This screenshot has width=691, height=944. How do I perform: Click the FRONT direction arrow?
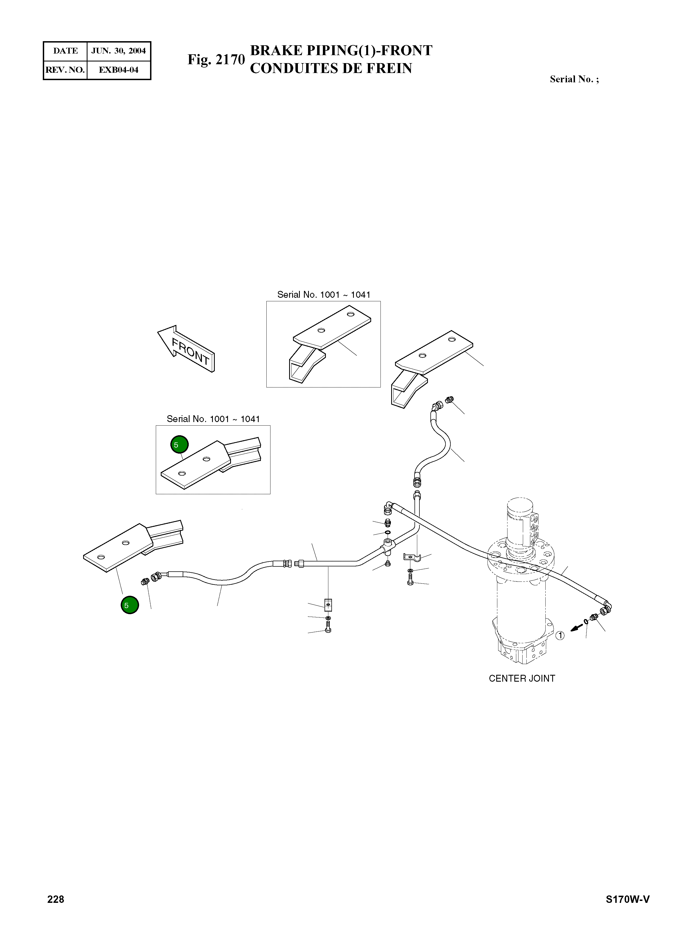186,349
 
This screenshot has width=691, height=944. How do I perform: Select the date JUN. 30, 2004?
119,51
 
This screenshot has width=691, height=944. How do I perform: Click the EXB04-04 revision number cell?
119,70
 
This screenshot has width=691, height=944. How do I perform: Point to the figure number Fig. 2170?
216,60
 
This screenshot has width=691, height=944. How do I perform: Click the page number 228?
56,899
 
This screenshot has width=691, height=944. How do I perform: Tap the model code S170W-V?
627,899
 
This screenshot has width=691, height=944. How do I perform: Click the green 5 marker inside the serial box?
179,444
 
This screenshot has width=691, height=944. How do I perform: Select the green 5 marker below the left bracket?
130,605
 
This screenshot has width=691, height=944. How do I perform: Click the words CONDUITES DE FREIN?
331,68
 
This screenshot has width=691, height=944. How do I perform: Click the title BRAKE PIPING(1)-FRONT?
341,50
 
